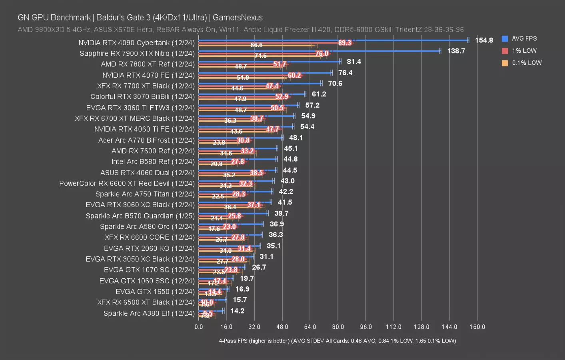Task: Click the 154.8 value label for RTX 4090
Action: pos(484,40)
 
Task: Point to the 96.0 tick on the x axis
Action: pos(365,327)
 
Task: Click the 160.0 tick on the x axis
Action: pos(477,327)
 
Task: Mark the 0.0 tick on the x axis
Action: pos(199,327)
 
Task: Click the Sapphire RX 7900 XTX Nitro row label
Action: pos(137,54)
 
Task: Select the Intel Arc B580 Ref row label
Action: pos(153,162)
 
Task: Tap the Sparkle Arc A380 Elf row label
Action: pos(149,313)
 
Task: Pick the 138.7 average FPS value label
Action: pos(456,51)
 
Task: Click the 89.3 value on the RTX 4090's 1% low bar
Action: pos(344,43)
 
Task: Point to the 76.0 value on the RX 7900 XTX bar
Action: pos(321,54)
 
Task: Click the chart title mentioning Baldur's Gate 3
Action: pos(140,18)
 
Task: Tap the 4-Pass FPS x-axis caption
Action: pos(337,341)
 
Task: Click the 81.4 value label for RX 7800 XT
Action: pos(353,62)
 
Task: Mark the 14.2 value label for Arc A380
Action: pos(237,311)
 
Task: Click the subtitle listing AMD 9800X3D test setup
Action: pos(240,30)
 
